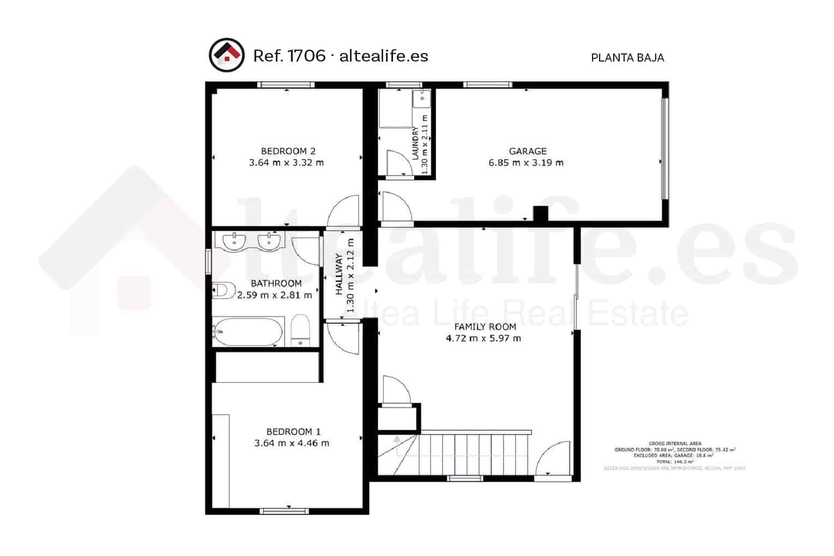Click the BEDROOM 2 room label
(288, 151)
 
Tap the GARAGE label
(527, 151)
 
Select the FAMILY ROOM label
(485, 327)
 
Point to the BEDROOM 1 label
(293, 432)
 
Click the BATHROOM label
(276, 283)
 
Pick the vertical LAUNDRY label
(415, 143)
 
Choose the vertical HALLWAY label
(340, 274)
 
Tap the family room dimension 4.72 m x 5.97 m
(484, 338)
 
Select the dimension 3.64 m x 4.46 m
(292, 443)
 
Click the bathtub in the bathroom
(248, 331)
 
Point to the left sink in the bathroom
(234, 240)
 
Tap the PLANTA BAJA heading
(627, 58)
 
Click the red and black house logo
(226, 55)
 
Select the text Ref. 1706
(289, 56)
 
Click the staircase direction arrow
(396, 439)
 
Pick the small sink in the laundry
(421, 99)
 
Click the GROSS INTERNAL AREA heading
(675, 444)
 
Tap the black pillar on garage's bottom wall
(540, 214)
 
